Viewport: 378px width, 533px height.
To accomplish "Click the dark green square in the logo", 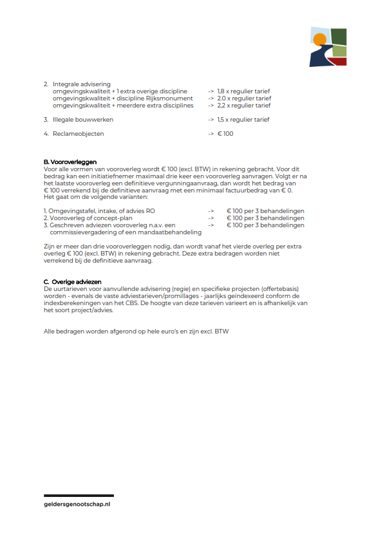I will pos(339,37).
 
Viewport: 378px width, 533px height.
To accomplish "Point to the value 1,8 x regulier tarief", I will pos(243,91).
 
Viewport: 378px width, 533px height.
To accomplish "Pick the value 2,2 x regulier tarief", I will pos(243,106).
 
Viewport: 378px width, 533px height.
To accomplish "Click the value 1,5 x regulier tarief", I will pos(243,120).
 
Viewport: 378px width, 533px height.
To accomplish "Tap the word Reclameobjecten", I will pos(78,134).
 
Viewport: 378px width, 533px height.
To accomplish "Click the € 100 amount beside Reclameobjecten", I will pos(225,134).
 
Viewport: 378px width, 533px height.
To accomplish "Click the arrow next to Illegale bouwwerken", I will pos(211,120).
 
